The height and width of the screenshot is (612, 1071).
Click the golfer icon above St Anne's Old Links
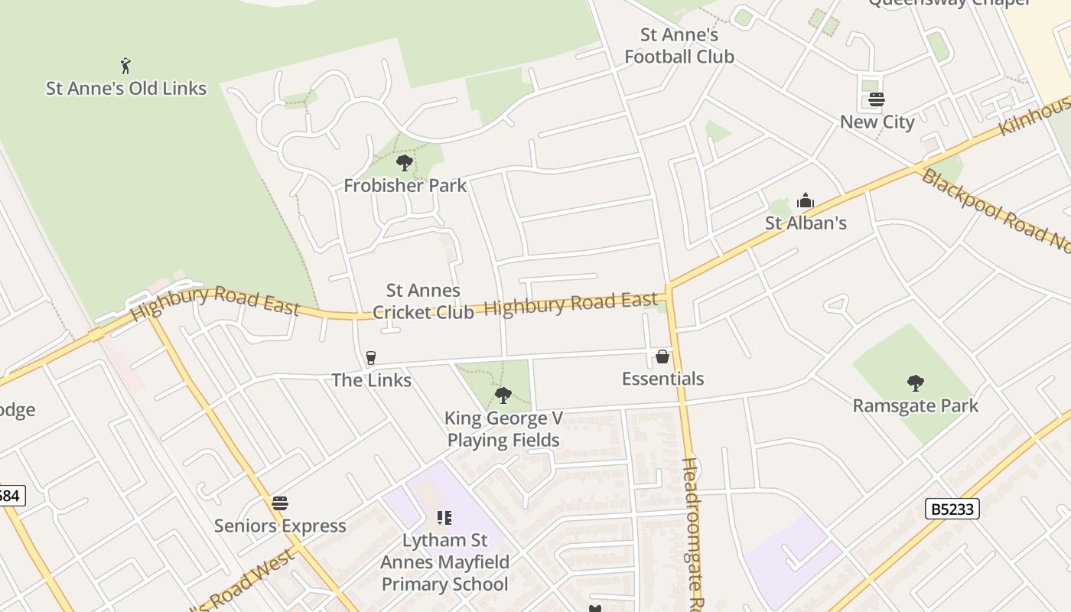126,66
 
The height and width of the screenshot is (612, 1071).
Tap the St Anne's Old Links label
126,88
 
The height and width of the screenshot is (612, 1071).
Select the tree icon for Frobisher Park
405,163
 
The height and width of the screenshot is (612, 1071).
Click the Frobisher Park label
405,185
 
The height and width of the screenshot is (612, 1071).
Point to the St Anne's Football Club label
679,46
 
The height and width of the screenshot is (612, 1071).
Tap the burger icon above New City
877,100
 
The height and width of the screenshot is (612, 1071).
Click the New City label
877,122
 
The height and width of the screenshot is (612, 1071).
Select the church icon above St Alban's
806,201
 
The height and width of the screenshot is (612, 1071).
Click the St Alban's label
806,223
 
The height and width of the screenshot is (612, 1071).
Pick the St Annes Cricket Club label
423,301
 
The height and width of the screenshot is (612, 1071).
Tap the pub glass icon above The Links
371,358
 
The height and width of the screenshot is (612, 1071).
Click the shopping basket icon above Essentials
662,356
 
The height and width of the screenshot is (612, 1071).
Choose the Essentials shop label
662,379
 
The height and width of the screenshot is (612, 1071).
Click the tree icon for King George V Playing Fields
503,396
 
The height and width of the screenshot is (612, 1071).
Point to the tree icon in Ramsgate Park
915,383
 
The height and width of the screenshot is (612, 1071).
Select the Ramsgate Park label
915,405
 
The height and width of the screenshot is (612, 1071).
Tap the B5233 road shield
952,509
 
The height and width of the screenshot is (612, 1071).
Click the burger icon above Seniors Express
280,503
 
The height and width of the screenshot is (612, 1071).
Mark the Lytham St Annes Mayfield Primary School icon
444,518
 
